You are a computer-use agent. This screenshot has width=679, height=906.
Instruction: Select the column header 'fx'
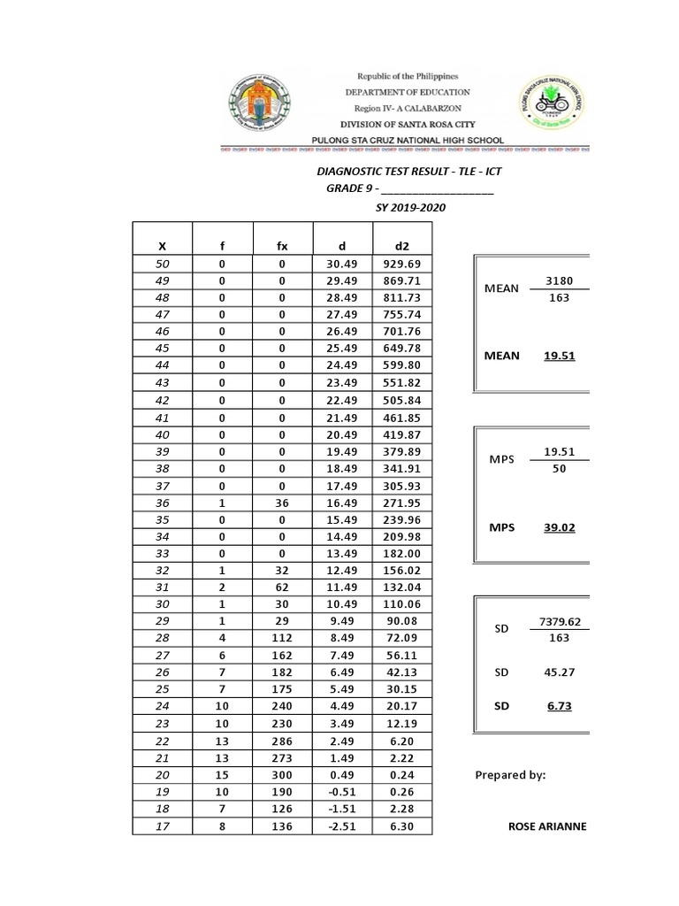point(282,245)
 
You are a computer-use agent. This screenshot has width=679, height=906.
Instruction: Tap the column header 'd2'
point(401,245)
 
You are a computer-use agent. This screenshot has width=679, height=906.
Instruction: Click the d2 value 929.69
point(401,265)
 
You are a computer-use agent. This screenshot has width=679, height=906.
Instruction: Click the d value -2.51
point(341,827)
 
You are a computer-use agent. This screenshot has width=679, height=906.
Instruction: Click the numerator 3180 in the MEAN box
point(560,281)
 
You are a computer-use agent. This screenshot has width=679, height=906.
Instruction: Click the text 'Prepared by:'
point(510,775)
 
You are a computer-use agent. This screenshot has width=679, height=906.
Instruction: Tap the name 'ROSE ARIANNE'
point(547,827)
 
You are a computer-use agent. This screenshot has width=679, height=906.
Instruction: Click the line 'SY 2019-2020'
point(411,207)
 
